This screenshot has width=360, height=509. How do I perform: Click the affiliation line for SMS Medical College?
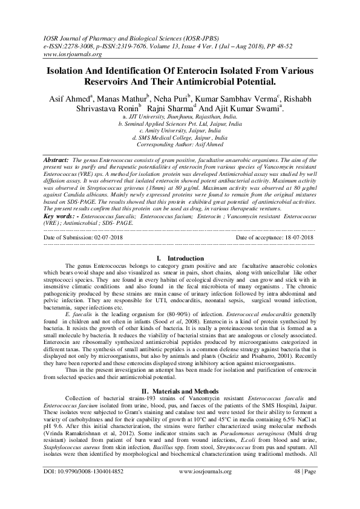click(x=179, y=138)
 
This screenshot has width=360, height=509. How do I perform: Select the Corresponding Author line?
click(x=179, y=145)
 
